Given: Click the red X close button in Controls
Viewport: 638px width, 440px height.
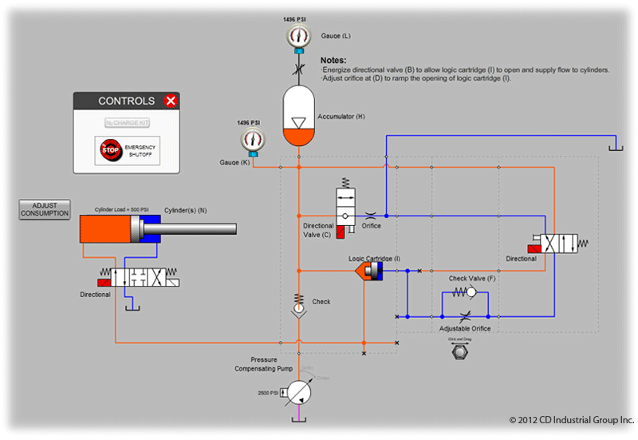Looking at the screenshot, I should tap(169, 101).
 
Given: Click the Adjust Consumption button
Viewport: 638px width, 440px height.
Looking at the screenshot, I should tap(45, 209).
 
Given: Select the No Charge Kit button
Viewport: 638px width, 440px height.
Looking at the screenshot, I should tap(128, 123).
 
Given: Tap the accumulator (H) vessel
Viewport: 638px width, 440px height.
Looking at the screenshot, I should tap(299, 117).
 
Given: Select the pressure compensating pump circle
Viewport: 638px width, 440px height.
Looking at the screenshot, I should tap(299, 392).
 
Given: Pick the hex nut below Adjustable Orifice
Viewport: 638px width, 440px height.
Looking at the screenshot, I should tap(459, 352).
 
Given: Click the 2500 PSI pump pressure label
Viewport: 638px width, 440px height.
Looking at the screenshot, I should tap(267, 394).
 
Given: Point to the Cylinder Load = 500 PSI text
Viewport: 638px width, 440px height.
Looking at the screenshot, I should tap(123, 210).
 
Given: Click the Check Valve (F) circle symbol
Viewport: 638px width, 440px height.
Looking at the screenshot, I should tap(484, 294).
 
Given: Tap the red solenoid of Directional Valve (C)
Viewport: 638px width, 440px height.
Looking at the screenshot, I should tap(341, 232).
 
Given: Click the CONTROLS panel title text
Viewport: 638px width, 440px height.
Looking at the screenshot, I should tap(126, 101).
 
